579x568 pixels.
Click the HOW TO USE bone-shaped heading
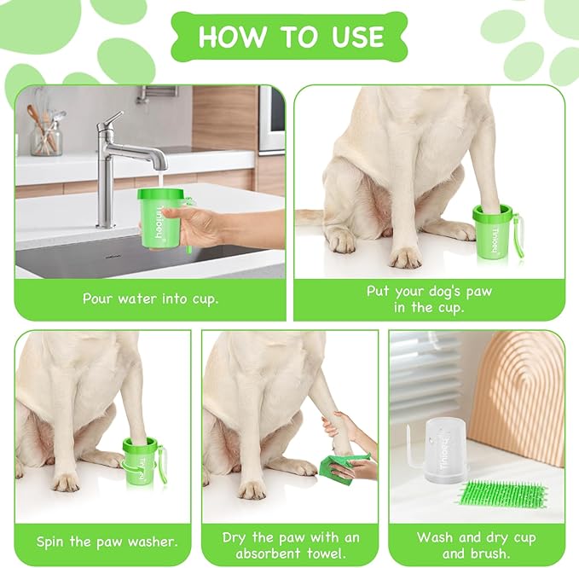pyautogui.click(x=290, y=37)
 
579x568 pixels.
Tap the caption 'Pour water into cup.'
pyautogui.click(x=150, y=298)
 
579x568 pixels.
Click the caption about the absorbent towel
pyautogui.click(x=290, y=544)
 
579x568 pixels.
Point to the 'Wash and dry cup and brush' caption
pyautogui.click(x=476, y=544)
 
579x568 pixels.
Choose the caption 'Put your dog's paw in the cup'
pyautogui.click(x=429, y=299)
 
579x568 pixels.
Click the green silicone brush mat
pyautogui.click(x=503, y=495)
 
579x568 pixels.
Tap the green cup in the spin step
pyautogui.click(x=140, y=461)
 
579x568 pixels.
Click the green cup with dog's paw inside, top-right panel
pyautogui.click(x=493, y=229)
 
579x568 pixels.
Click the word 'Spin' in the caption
pyautogui.click(x=53, y=542)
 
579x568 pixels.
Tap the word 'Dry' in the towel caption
pyautogui.click(x=237, y=537)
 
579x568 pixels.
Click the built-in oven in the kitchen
pyautogui.click(x=271, y=119)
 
